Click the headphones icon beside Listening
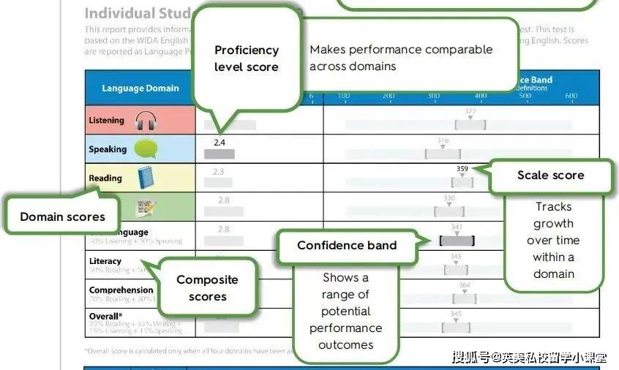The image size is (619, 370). [x=146, y=121]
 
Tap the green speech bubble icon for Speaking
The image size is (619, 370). [x=145, y=149]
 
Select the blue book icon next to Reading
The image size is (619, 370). [x=145, y=178]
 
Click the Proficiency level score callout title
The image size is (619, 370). [x=246, y=58]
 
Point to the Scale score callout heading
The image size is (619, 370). [x=550, y=175]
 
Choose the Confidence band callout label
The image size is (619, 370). [x=347, y=245]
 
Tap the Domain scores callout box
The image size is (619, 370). [x=62, y=216]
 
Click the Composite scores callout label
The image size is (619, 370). [x=207, y=288]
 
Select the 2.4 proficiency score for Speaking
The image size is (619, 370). [x=220, y=142]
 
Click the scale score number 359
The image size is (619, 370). [x=462, y=168]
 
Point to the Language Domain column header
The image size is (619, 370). [x=140, y=88]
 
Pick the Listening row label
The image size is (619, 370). [x=106, y=121]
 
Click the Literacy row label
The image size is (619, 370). [x=105, y=261]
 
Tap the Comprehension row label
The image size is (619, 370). [x=121, y=290]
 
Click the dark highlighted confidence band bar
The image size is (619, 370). [x=457, y=241]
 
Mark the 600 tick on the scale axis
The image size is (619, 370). [x=571, y=96]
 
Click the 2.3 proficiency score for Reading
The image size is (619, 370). [x=218, y=172]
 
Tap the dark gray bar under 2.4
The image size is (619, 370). [x=220, y=154]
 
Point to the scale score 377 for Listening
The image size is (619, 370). [x=470, y=111]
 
